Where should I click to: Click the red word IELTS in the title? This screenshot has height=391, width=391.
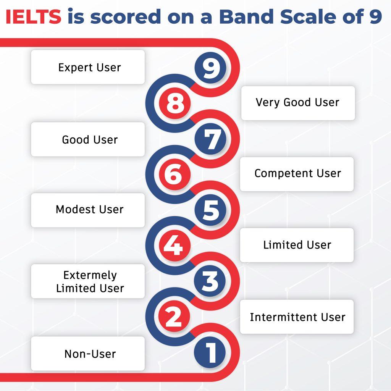(x=33, y=17)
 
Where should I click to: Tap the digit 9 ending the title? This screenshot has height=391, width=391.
(x=376, y=17)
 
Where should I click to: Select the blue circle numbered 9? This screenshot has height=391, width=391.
(x=210, y=68)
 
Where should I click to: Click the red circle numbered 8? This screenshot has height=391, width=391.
(x=175, y=103)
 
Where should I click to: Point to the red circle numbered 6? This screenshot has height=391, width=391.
(x=175, y=174)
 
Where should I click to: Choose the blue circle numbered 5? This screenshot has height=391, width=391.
(x=210, y=210)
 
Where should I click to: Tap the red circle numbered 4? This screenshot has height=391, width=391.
(x=175, y=246)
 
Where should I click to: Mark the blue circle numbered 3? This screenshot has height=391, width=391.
(x=210, y=281)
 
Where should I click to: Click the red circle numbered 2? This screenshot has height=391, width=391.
(x=174, y=317)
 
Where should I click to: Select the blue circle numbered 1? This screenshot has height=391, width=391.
(x=210, y=352)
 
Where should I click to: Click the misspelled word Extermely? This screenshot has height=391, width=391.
(x=90, y=276)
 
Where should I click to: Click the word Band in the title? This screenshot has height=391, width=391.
(x=246, y=17)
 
